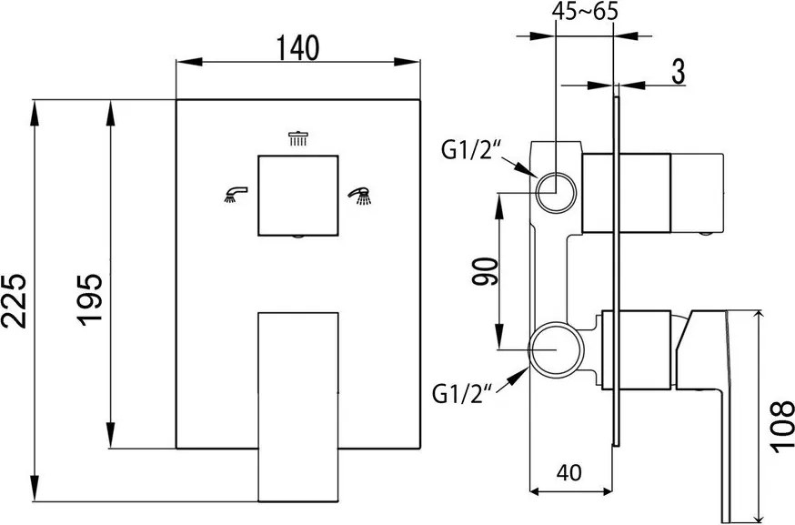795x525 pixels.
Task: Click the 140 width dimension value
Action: (297, 47)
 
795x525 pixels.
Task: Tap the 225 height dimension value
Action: (14, 301)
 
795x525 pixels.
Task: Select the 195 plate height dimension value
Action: (90, 299)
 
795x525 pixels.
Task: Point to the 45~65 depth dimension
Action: (585, 11)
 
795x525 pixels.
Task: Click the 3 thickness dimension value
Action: (678, 72)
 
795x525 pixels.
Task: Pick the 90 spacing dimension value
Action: (485, 272)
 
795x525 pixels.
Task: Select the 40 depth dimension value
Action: (569, 472)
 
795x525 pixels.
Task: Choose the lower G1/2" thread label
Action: (462, 394)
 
